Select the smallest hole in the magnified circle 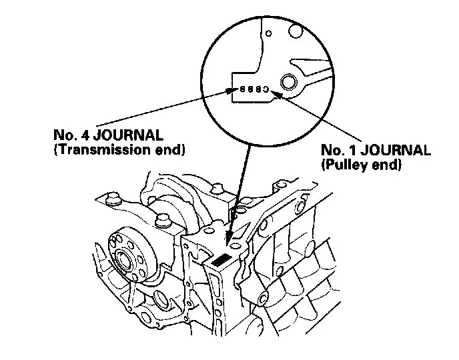coord(268,33)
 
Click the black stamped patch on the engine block coord(224,261)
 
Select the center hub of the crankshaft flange coord(125,261)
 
